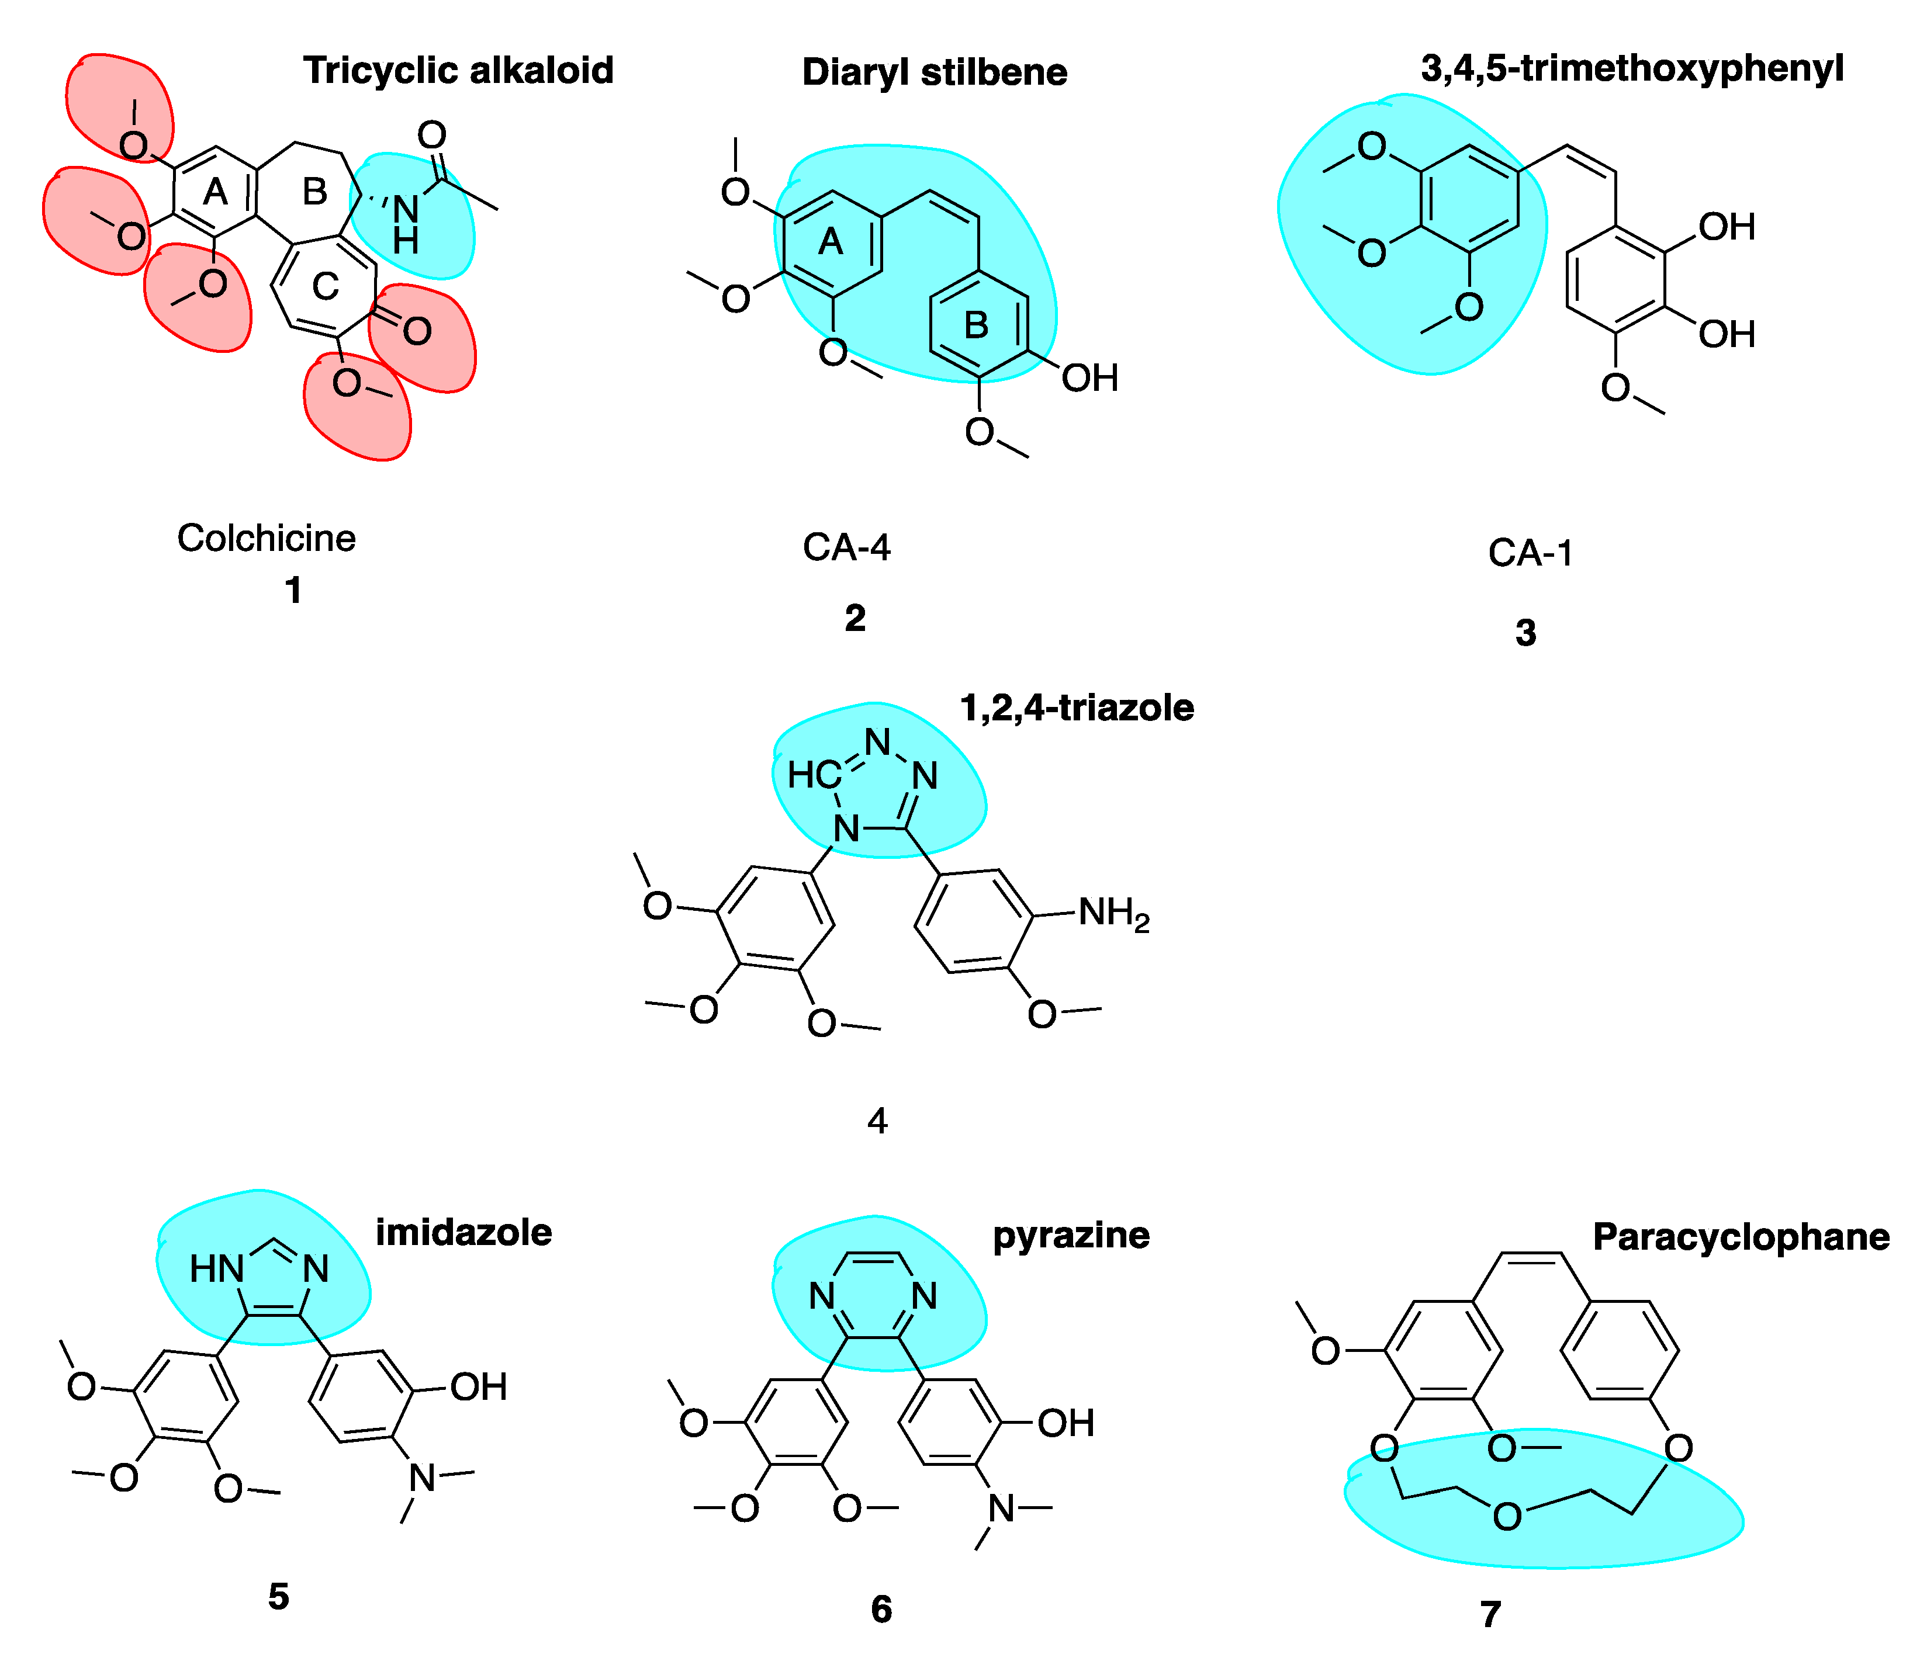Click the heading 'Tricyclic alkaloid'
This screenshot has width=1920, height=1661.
458,71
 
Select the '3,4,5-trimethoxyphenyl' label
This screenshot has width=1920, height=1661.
1632,68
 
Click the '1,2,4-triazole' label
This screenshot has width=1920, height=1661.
1077,708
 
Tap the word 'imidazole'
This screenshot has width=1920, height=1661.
463,1233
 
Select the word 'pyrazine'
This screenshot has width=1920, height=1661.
1071,1236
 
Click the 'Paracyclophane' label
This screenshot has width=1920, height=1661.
1740,1237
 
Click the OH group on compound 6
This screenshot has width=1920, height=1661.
1065,1423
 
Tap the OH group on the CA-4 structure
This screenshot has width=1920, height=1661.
1089,378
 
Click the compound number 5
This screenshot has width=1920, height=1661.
278,1596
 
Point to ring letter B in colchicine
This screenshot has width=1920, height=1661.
315,192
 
